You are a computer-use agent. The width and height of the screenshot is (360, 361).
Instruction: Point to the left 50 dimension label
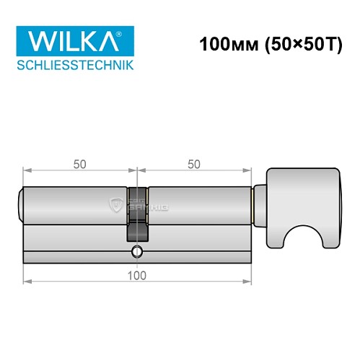coord(80,164)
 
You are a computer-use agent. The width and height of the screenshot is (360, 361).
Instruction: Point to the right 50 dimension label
coord(193,164)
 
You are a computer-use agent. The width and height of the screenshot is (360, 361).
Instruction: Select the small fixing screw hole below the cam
coord(137,252)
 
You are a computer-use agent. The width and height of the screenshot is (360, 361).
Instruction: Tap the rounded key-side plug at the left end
coord(20,204)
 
